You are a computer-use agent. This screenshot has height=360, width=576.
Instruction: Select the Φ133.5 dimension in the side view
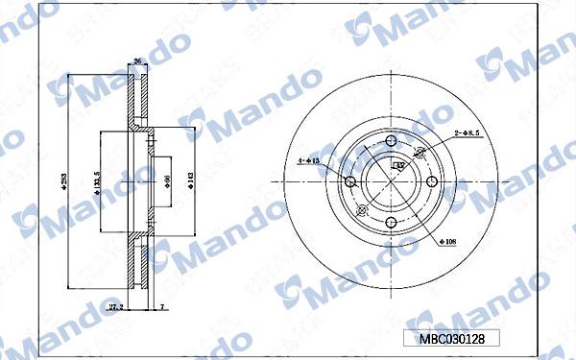click(x=97, y=180)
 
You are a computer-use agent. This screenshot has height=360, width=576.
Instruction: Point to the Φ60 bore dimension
click(x=167, y=180)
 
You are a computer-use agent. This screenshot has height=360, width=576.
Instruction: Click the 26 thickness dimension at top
click(x=137, y=61)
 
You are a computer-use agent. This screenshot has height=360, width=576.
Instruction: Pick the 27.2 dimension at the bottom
click(x=115, y=306)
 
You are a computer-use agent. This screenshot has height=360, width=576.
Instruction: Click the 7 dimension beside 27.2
click(x=162, y=306)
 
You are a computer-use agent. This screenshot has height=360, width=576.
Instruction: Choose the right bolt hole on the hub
click(x=431, y=182)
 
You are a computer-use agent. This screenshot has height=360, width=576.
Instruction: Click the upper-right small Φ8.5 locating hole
click(x=419, y=153)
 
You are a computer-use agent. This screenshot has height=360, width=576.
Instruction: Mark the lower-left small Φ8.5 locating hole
click(x=361, y=212)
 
